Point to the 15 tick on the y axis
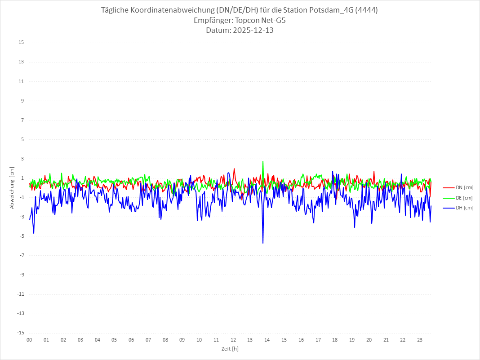[x=21, y=43]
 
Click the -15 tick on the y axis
[x=20, y=333]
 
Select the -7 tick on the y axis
[x=21, y=255]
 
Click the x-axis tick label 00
[x=29, y=340]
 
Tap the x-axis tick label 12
[x=233, y=340]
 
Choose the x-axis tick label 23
[x=420, y=340]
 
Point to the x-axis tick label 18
[x=335, y=340]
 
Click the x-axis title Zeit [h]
[x=230, y=349]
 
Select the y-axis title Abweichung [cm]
[x=12, y=187]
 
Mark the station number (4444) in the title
[x=365, y=10]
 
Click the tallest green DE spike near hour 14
[x=263, y=161]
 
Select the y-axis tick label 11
[x=21, y=81]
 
